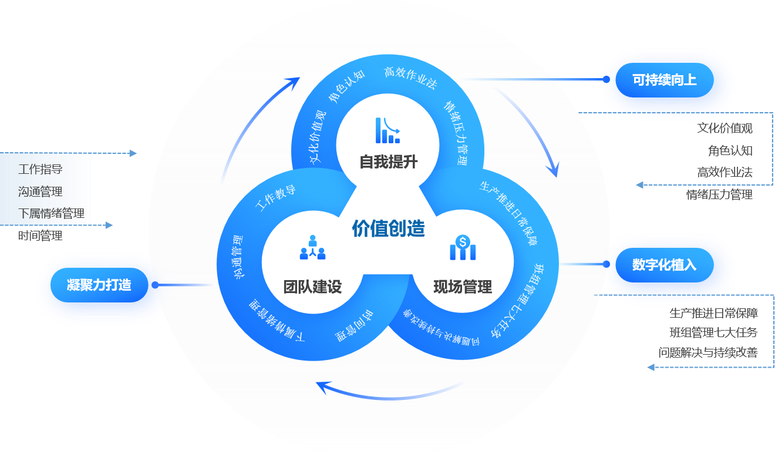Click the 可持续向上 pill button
664,80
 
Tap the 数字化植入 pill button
664,265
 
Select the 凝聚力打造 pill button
99,285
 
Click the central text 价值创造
388,228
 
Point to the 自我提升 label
388,162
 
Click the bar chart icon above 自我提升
387,130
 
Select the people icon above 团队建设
312,247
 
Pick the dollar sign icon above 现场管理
463,247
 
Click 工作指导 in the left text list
41,170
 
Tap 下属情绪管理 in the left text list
52,214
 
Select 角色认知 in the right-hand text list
730,150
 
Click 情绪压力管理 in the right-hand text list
719,194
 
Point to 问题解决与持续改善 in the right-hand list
708,352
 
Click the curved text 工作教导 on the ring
275,198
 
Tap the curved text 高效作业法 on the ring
410,77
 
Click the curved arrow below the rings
387,390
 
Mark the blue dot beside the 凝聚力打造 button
156,285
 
